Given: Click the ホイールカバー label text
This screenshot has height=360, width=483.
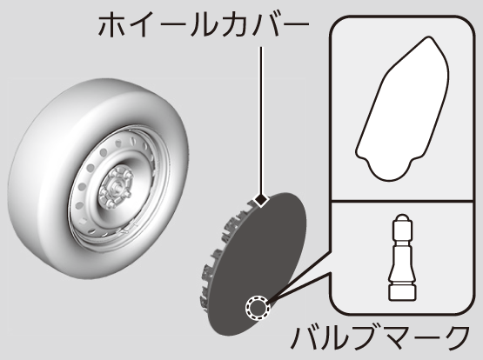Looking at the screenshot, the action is point(204,25).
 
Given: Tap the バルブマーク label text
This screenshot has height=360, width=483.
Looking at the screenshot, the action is point(380,338).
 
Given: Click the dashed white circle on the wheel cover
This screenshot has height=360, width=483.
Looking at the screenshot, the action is point(258,307).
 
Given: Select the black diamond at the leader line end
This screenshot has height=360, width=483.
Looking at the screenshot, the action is point(261,200).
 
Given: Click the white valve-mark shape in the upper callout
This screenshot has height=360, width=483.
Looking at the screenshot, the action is point(402,109).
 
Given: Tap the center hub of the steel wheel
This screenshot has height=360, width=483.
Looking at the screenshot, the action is point(116,187).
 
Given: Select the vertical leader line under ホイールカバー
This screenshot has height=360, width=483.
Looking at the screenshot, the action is point(261,120).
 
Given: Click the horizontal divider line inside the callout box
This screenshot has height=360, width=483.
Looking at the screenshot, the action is point(401,201).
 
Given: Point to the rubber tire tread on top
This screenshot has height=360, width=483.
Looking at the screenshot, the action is point(102,96).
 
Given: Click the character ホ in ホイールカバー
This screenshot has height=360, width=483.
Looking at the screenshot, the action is point(111,26).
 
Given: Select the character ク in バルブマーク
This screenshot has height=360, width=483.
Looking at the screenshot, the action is point(456,338).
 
